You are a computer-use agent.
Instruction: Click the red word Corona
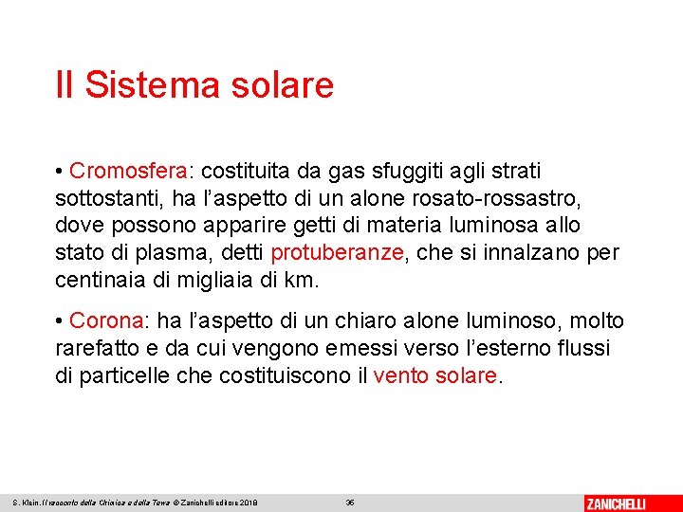pyautogui.click(x=106, y=321)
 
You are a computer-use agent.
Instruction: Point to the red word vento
pyautogui.click(x=402, y=375)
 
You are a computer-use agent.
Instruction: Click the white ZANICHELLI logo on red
pyautogui.click(x=628, y=502)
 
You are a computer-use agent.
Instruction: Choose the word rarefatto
pyautogui.click(x=95, y=349)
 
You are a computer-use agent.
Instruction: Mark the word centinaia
pyautogui.click(x=100, y=281)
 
